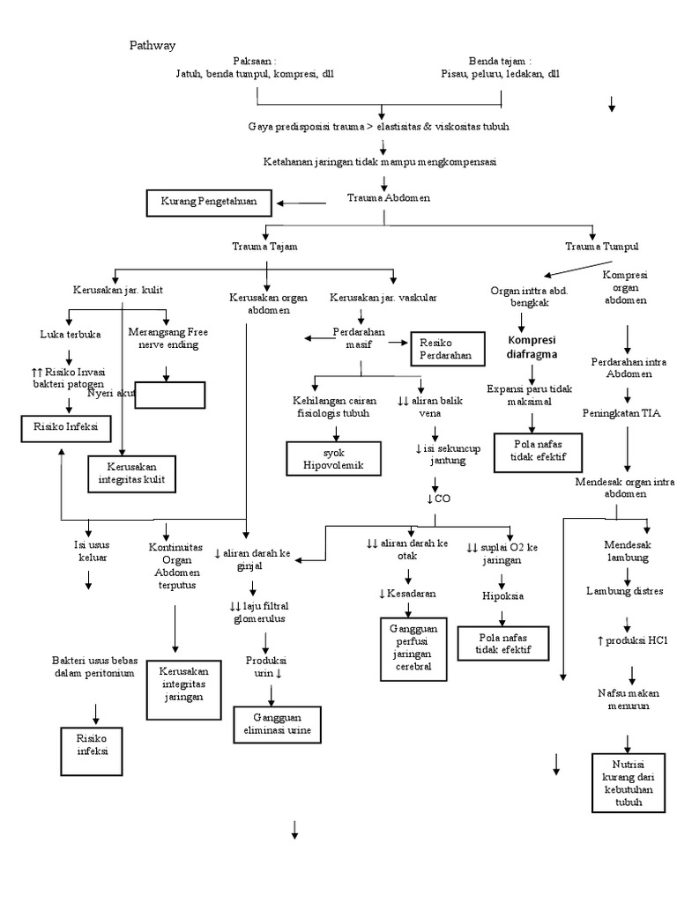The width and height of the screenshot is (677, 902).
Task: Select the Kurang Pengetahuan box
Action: [209, 202]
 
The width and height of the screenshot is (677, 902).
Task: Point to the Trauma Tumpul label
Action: [601, 247]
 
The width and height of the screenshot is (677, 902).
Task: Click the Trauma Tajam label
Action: [264, 248]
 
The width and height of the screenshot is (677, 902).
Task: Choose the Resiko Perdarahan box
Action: [447, 348]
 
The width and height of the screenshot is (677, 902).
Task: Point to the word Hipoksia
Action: [502, 595]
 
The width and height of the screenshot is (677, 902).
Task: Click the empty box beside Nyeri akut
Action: [171, 396]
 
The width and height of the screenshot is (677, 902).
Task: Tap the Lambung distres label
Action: [625, 590]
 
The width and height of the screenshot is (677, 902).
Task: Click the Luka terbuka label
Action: [71, 335]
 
